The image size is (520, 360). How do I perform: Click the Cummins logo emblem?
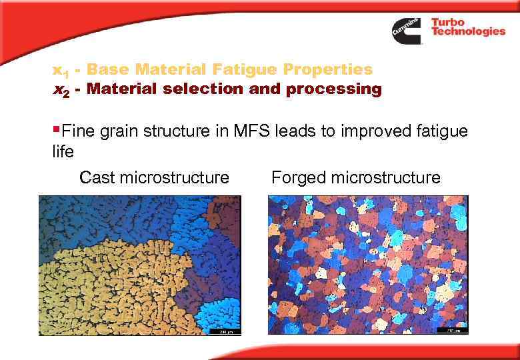click(x=406, y=31)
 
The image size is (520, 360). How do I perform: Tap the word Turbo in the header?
click(x=448, y=22)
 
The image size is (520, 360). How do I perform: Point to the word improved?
click(x=364, y=132)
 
